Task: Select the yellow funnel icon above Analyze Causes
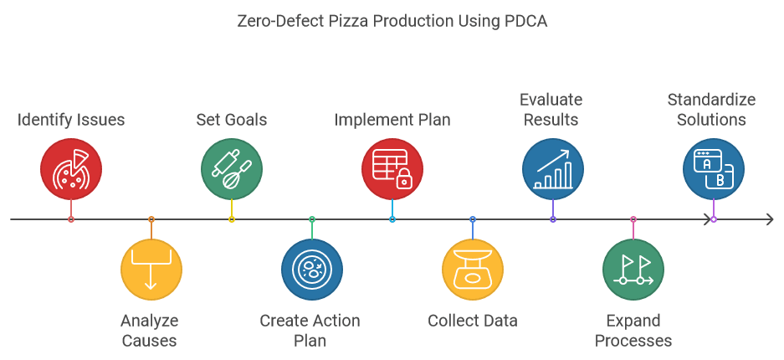[x=151, y=270]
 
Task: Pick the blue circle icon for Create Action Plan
[x=312, y=270]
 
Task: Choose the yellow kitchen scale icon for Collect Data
[x=473, y=270]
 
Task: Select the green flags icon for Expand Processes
[x=633, y=270]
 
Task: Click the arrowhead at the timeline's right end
[x=769, y=219]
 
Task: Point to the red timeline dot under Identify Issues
[x=71, y=219]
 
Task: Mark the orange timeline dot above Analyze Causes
[x=151, y=219]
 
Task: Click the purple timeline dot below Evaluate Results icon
[x=553, y=219]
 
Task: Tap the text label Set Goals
[x=232, y=120]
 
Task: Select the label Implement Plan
[x=392, y=120]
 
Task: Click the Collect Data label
[x=473, y=321]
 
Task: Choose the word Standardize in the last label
[x=711, y=100]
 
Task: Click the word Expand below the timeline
[x=633, y=321]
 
